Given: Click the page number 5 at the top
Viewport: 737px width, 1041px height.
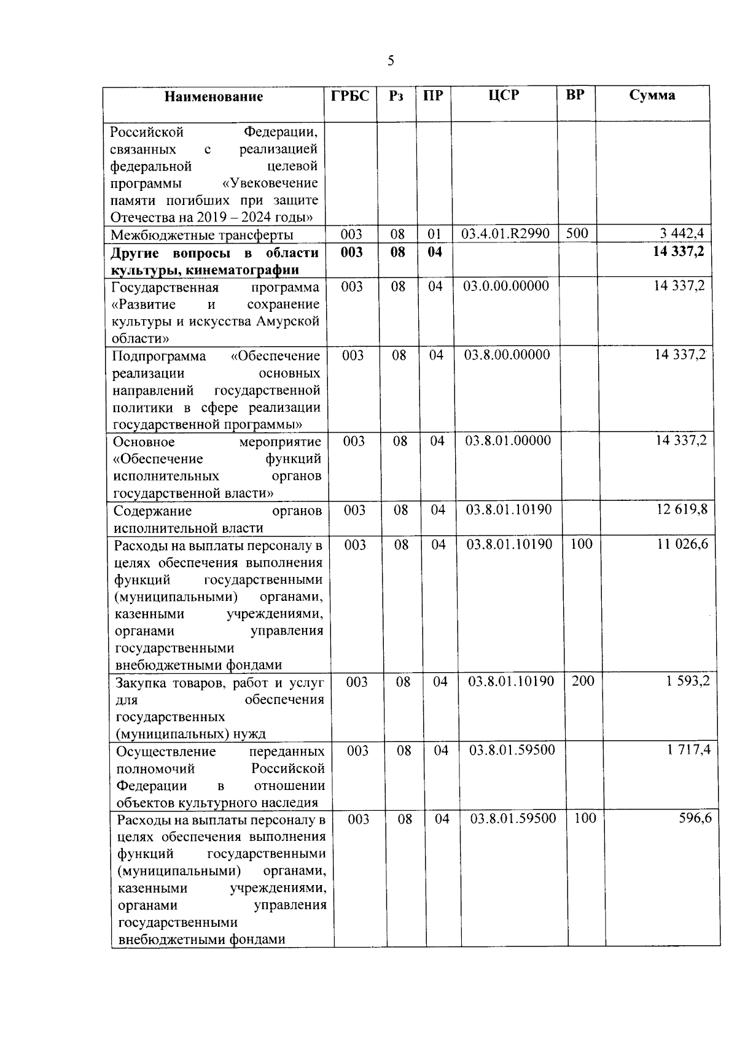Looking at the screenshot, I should coord(391,61).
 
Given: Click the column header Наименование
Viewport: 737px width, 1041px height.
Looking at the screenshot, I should coord(213,96).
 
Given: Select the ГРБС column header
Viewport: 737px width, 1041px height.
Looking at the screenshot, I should coord(350,96).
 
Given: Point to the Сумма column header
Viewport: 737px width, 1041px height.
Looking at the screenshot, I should coord(652,95).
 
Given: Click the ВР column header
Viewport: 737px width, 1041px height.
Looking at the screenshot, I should coord(575,95).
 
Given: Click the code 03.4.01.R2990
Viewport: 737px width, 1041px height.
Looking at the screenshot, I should coord(505,233).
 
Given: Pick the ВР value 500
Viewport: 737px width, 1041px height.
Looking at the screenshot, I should coord(577,233).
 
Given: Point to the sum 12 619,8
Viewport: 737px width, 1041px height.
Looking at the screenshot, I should coord(682,509).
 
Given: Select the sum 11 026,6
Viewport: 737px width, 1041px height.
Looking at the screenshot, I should coord(682,544).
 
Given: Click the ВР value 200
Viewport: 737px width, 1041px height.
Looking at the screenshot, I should coord(583,681).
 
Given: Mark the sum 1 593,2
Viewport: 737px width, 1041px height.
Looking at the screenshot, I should coord(688,681).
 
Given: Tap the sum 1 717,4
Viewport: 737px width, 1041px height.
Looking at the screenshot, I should coord(688,749).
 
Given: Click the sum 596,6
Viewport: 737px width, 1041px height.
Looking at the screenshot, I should coord(695,818).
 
